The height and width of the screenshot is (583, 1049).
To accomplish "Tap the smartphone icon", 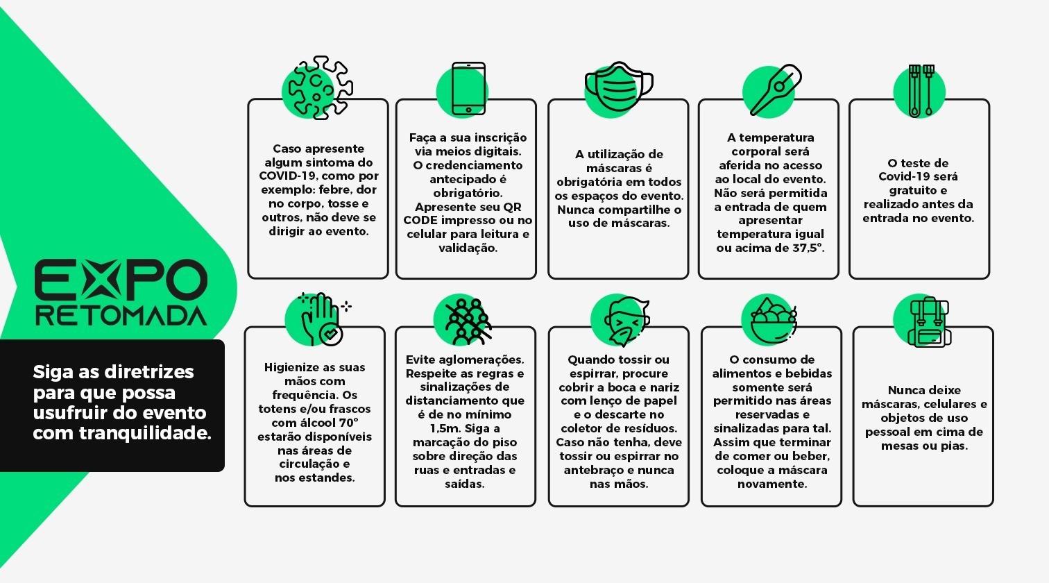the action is (x=468, y=89).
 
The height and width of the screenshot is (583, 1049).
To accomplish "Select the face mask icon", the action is (x=619, y=86).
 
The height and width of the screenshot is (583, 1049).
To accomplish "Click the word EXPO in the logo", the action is (x=121, y=280).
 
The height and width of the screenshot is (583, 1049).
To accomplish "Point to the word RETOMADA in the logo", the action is (x=121, y=316).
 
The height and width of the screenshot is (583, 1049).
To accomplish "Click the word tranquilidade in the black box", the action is (x=145, y=434).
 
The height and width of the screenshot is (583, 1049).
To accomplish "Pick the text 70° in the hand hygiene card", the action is (x=348, y=423).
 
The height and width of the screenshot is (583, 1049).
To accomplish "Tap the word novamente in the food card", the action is (x=772, y=484).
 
